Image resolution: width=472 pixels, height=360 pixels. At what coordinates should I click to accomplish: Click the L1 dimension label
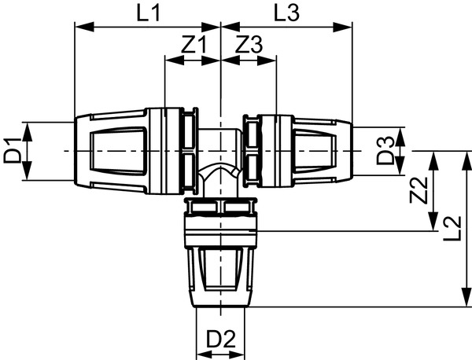(x=148, y=13)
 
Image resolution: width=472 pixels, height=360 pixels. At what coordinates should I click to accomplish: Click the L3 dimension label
(x=286, y=13)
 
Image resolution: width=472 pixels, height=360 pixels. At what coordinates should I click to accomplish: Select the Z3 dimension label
(x=249, y=44)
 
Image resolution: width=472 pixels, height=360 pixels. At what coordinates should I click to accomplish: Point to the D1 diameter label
(x=13, y=150)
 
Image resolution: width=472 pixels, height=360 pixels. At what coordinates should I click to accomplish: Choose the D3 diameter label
(x=385, y=150)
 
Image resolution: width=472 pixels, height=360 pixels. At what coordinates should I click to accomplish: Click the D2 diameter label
(x=220, y=339)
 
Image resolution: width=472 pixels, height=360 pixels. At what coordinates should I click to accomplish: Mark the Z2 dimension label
(x=419, y=190)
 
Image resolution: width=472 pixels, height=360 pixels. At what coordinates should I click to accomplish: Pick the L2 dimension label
(x=452, y=229)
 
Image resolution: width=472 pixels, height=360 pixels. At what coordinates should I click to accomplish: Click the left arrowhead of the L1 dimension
(x=84, y=27)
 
